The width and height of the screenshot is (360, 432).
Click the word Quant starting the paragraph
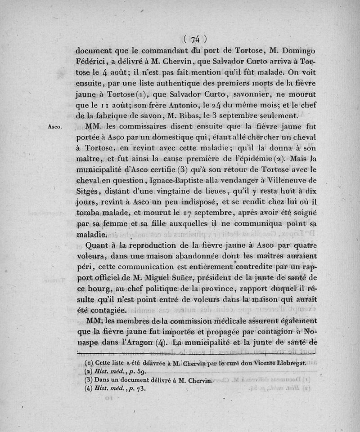click(97, 245)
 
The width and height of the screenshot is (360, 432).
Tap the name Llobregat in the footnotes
click(288, 362)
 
